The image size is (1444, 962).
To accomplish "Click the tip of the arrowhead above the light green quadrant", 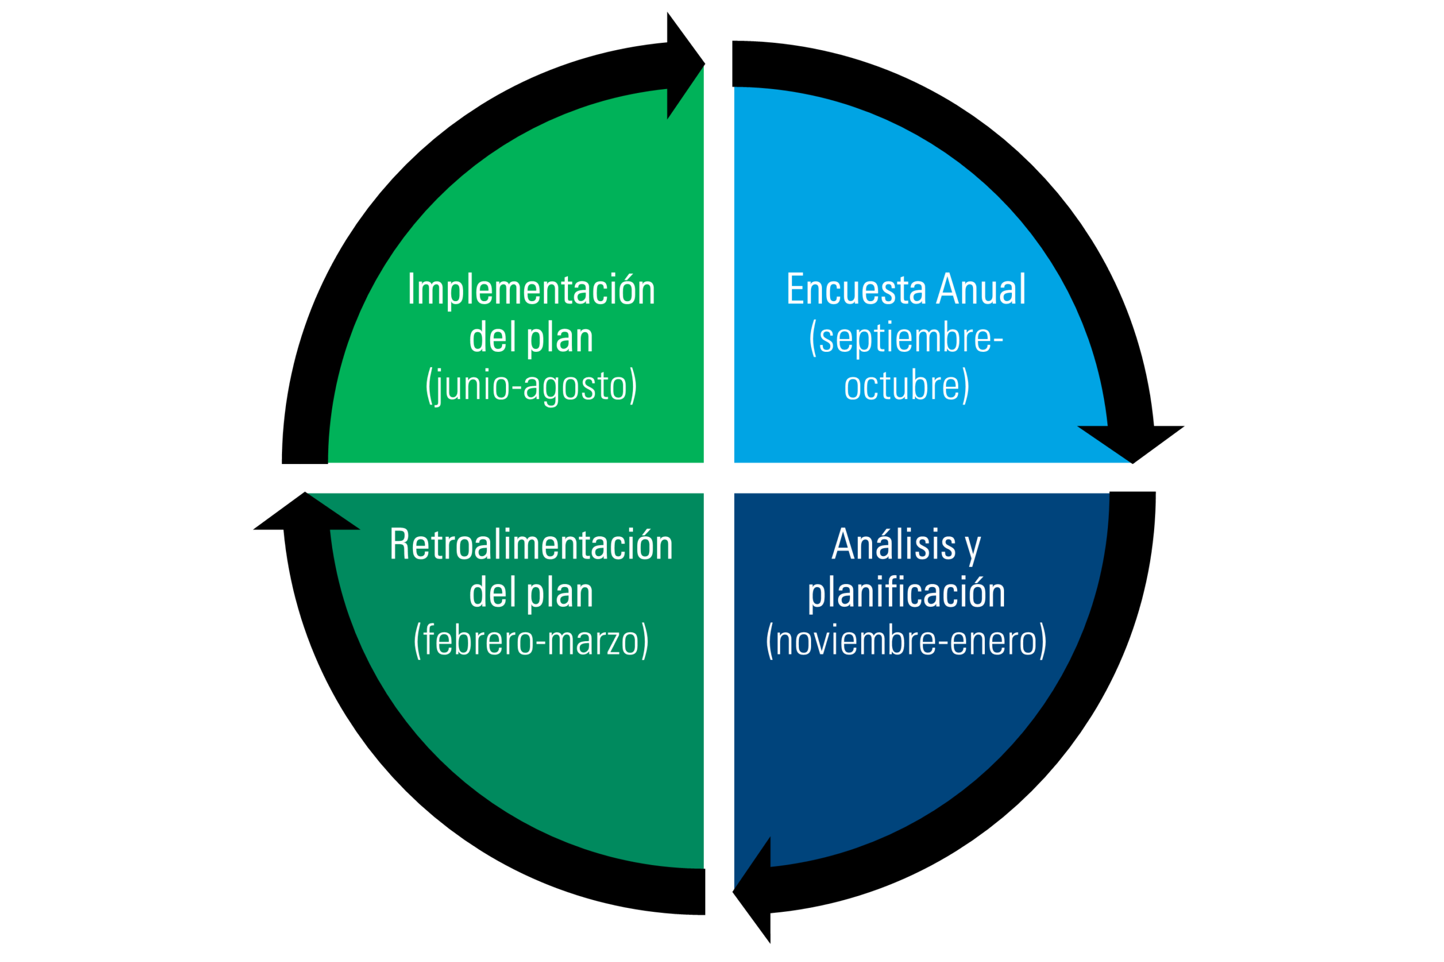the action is pyautogui.click(x=705, y=63).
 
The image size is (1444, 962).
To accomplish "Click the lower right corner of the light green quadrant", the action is pyautogui.click(x=703, y=462).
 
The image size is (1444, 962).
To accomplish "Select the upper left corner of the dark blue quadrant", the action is pyautogui.click(x=734, y=493).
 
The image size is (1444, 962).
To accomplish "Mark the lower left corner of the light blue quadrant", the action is pyautogui.click(x=734, y=462).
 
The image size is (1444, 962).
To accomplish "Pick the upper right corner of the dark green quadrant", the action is pyautogui.click(x=703, y=493).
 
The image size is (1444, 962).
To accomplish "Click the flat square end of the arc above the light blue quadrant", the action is pyautogui.click(x=733, y=64).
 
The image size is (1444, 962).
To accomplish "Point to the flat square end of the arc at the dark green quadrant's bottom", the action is pyautogui.click(x=705, y=892).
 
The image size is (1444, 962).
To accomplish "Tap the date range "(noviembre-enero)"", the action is pyautogui.click(x=906, y=641).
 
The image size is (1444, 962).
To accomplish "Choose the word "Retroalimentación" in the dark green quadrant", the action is pyautogui.click(x=531, y=544).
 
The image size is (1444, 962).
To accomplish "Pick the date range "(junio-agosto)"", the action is pyautogui.click(x=531, y=386).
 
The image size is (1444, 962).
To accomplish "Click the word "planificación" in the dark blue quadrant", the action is pyautogui.click(x=906, y=593).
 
